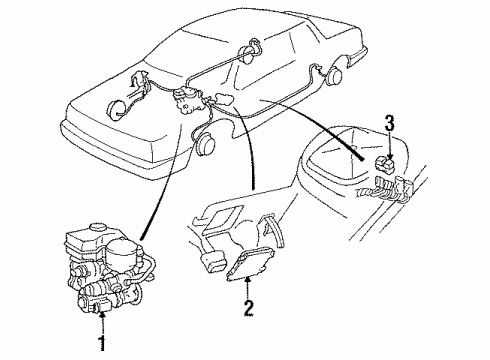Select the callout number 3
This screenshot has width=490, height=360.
(390, 123)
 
